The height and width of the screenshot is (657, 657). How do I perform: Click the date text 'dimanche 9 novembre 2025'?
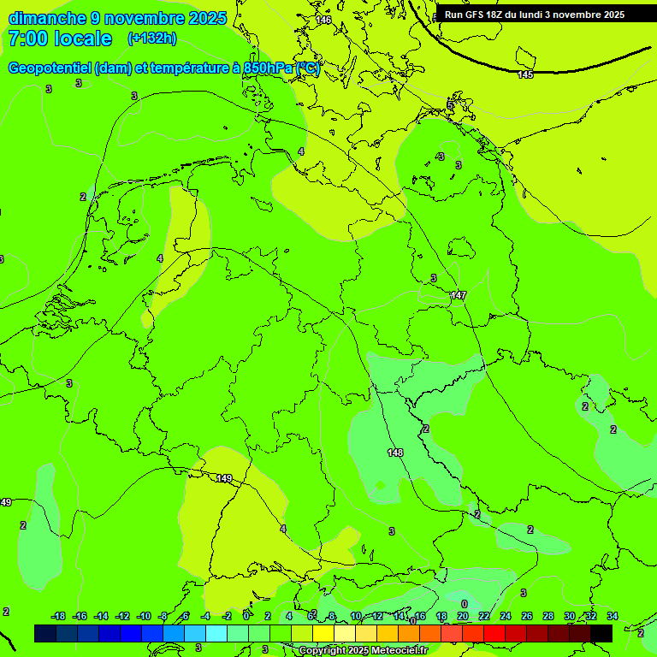pos(117,18)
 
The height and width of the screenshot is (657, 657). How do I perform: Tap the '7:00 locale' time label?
pos(60,38)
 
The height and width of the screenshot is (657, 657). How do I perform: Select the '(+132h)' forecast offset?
pos(152,38)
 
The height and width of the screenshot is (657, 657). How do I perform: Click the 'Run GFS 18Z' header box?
pos(535,15)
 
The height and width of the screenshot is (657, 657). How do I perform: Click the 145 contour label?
pos(525,75)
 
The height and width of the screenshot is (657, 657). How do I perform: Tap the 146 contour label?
pos(323,20)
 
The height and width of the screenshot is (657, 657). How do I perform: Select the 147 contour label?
pos(459,295)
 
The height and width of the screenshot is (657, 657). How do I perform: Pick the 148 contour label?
pos(395,453)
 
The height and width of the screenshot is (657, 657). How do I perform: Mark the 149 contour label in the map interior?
pos(224,478)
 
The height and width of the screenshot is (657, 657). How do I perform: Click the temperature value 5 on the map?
pos(450,105)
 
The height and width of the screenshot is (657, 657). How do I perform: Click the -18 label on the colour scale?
pos(58,616)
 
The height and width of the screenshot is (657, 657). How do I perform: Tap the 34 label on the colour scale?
pos(612,616)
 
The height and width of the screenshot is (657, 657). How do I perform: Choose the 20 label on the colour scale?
pos(462,616)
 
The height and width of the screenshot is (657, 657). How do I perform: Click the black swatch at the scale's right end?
pos(601,633)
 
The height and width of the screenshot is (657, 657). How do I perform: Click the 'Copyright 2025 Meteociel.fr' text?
pos(363,650)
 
